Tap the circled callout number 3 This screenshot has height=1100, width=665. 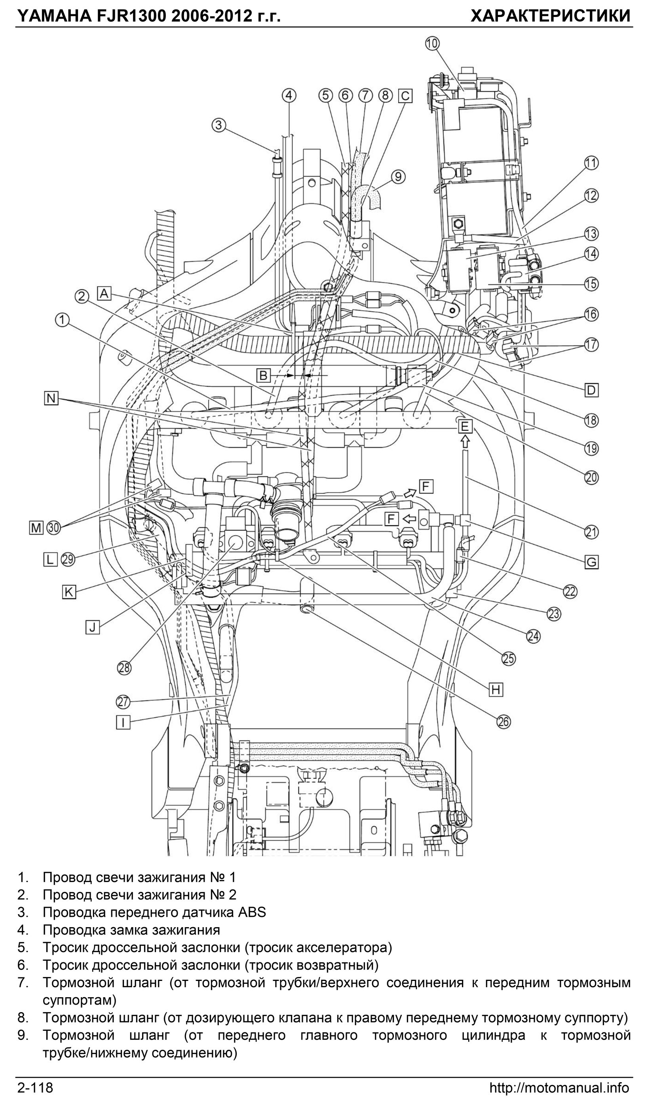coord(218,125)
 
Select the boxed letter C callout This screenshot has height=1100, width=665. coord(405,96)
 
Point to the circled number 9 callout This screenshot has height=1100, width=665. coord(398,177)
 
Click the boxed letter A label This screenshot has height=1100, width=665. coord(104,293)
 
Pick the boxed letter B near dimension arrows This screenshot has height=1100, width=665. coord(263,375)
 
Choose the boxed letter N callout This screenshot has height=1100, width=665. coord(51,398)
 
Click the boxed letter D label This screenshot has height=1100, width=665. coord(591,390)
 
